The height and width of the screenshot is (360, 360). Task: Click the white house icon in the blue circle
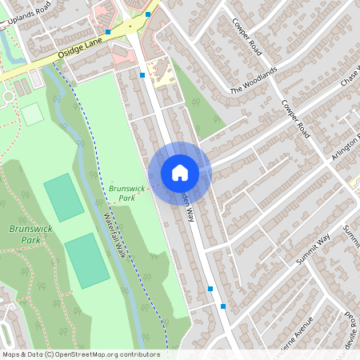coord(179,173)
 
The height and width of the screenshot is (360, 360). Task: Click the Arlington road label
coord(346,149)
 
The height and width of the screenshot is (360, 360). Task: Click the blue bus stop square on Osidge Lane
coord(108,32)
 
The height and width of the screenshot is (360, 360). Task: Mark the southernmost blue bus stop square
coord(223,306)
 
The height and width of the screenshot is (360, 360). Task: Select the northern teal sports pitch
coord(63,197)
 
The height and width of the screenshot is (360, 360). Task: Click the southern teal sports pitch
coord(86,261)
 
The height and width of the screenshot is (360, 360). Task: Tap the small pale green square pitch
coord(32,114)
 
